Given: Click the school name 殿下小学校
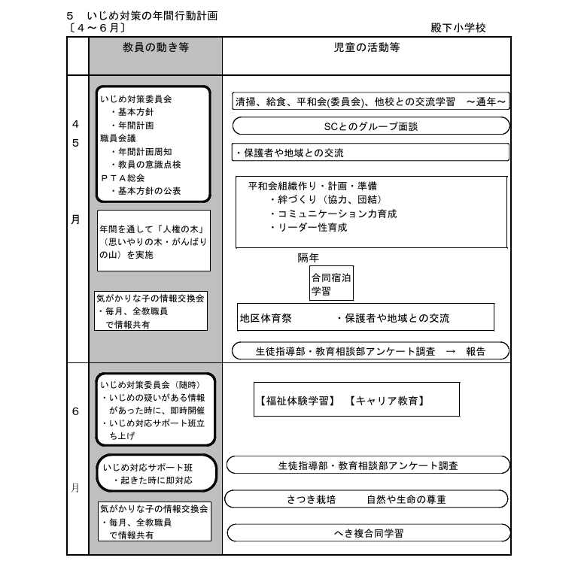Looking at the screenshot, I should pyautogui.click(x=458, y=28).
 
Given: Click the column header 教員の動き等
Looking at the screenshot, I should pyautogui.click(x=156, y=47).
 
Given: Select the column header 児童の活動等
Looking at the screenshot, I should pyautogui.click(x=366, y=47).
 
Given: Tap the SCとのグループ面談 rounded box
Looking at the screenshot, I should pyautogui.click(x=371, y=126).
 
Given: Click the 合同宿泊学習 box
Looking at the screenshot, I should pyautogui.click(x=331, y=283).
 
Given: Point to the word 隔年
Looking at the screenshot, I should pyautogui.click(x=309, y=258).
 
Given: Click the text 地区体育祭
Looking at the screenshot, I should pyautogui.click(x=265, y=318).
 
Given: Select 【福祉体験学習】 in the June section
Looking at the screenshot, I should pyautogui.click(x=297, y=401).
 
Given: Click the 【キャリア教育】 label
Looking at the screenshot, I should pyautogui.click(x=388, y=401).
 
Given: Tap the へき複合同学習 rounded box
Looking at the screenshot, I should pyautogui.click(x=368, y=533).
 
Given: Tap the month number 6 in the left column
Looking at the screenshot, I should pyautogui.click(x=75, y=412).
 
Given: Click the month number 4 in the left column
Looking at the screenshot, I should pyautogui.click(x=75, y=123).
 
